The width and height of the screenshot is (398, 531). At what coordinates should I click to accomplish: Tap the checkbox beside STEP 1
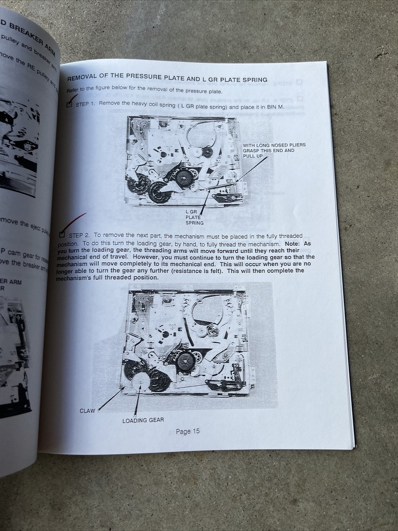click(x=69, y=105)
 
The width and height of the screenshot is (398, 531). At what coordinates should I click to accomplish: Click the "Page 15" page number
click(x=188, y=431)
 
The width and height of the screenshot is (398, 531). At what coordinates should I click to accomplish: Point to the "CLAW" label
click(x=88, y=410)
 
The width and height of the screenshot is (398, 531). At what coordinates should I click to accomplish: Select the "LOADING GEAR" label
click(x=143, y=420)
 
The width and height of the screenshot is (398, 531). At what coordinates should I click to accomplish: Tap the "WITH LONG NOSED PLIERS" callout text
click(x=274, y=145)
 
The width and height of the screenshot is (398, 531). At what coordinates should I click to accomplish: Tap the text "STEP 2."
click(x=80, y=234)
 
